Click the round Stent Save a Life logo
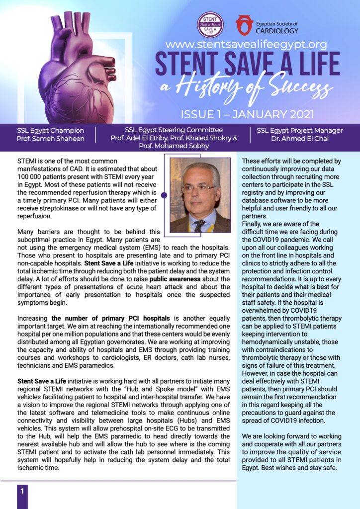210,24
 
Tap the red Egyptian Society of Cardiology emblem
244,25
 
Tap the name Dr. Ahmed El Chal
300,139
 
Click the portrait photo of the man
200,195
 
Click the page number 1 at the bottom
22,492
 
